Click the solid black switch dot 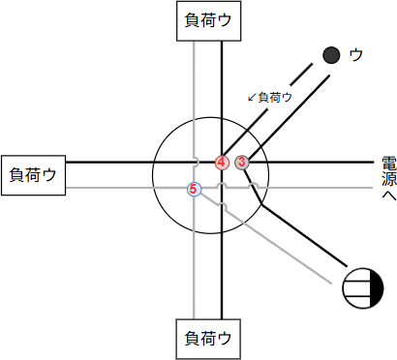pos(331,55)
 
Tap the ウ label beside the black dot pos(355,55)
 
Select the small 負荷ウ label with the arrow pos(271,97)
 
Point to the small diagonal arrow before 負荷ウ pos(252,98)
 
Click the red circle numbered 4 pos(223,163)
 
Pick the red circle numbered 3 pos(242,163)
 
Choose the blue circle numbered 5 pos(194,189)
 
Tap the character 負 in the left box pos(17,175)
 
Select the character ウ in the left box pos(48,175)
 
